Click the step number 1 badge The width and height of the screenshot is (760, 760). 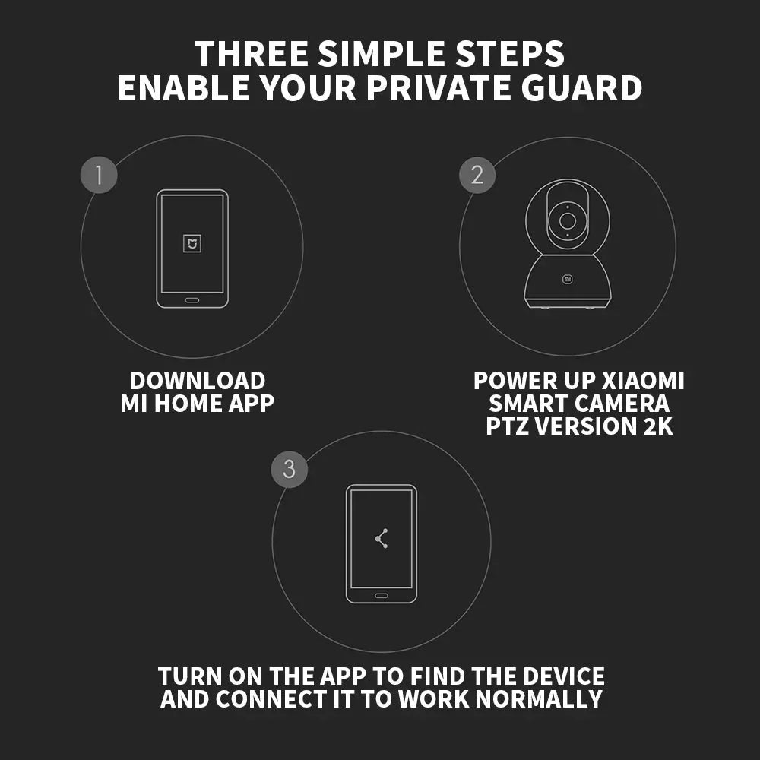click(x=99, y=175)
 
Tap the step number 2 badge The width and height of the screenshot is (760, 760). click(x=477, y=175)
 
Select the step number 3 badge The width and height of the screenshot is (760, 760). click(x=290, y=469)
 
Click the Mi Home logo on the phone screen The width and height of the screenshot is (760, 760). click(x=192, y=243)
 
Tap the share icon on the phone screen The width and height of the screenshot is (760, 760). click(x=382, y=539)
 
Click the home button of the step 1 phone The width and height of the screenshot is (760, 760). click(x=192, y=300)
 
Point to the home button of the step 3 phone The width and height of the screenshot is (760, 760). click(x=382, y=595)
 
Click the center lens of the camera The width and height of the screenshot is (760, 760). click(x=568, y=221)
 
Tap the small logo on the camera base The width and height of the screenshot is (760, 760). click(x=568, y=279)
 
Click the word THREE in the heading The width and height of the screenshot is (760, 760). click(x=252, y=53)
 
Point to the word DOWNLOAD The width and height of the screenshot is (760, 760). click(x=198, y=381)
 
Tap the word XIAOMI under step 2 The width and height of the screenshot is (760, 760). click(x=643, y=381)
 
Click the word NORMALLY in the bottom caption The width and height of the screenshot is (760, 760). click(x=539, y=699)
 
